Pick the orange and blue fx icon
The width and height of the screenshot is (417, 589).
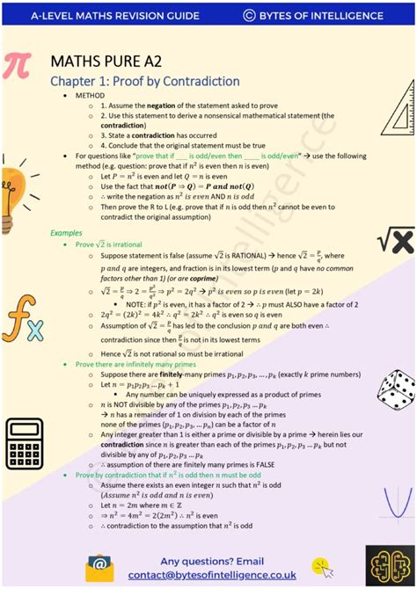[x=21, y=324]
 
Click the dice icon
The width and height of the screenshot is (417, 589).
[x=395, y=389]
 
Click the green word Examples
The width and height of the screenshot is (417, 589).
[x=66, y=233]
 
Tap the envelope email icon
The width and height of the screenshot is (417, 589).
[x=99, y=567]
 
